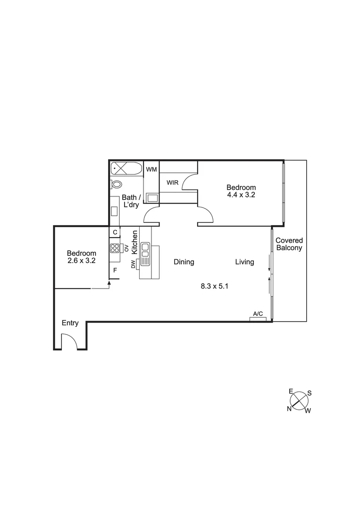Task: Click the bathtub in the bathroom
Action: click(x=126, y=168)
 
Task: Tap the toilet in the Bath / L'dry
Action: click(x=117, y=184)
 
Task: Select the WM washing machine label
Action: click(x=151, y=169)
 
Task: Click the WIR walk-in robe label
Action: click(x=172, y=183)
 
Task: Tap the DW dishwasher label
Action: click(x=133, y=266)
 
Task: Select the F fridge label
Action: click(x=115, y=271)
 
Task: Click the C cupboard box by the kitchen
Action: click(x=115, y=232)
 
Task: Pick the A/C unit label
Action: click(x=258, y=314)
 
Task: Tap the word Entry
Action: click(x=70, y=323)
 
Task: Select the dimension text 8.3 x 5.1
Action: click(x=215, y=286)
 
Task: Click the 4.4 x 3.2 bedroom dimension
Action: click(x=241, y=195)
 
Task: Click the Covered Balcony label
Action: click(x=289, y=244)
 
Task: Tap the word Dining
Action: click(x=184, y=262)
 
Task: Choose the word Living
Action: click(x=245, y=262)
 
